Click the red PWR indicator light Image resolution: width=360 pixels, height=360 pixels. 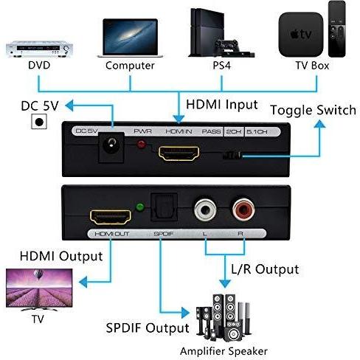142,145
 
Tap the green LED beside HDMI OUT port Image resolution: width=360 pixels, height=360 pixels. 140,207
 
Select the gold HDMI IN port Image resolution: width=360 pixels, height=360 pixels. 179,153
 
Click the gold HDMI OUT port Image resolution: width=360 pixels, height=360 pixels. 111,217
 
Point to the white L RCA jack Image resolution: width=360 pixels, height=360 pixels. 205,210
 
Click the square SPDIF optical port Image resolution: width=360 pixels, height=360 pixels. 164,207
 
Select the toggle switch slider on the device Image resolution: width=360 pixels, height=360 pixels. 232,156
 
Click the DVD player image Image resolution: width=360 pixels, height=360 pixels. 39,49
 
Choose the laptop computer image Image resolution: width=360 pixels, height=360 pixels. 130,38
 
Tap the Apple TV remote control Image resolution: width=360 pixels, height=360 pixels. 337,29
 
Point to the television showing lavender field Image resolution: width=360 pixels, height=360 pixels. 39,290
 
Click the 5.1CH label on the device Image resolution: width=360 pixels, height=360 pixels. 257,132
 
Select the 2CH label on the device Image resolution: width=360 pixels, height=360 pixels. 234,132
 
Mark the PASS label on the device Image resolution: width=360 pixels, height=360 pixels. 211,131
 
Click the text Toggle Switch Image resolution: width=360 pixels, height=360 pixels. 314,110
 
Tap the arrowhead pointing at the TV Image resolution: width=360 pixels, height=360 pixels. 83,282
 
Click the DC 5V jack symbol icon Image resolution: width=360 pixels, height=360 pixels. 39,122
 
